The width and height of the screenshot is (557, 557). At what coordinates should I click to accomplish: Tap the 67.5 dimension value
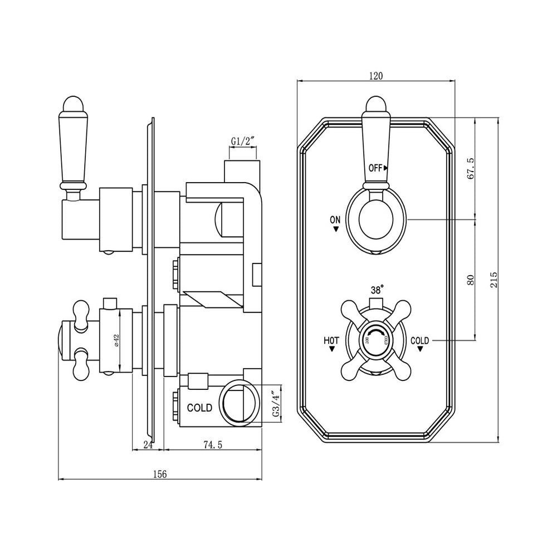(x=471, y=168)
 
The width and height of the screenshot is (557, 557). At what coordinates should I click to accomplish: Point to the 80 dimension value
(x=471, y=280)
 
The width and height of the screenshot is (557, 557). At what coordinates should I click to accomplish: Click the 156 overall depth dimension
(x=160, y=474)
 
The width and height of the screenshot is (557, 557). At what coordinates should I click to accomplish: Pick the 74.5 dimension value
(x=213, y=444)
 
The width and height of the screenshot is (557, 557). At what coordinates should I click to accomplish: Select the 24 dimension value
(x=148, y=444)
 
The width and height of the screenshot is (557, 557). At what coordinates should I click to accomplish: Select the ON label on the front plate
(x=335, y=220)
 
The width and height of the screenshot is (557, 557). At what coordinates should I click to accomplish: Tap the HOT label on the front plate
(x=331, y=340)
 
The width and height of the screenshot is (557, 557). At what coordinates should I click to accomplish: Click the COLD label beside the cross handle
(x=419, y=340)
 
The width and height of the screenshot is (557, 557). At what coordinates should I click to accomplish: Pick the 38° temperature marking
(x=377, y=290)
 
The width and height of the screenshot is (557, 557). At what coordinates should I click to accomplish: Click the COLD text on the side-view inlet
(x=199, y=408)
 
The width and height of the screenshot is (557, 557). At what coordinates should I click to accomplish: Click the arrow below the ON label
(x=335, y=229)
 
